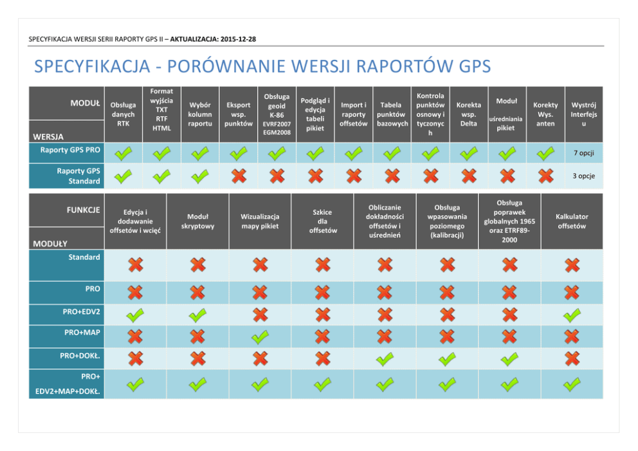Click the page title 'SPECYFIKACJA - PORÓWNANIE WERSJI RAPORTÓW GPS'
[x=262, y=67]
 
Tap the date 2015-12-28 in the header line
[x=238, y=39]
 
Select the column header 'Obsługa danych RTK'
[x=123, y=114]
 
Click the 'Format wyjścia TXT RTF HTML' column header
[x=161, y=110]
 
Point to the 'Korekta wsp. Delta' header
[x=468, y=114]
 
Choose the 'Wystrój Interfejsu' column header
[x=583, y=114]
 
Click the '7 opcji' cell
[x=583, y=153]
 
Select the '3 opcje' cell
[x=583, y=176]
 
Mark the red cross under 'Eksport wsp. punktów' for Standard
[x=239, y=176]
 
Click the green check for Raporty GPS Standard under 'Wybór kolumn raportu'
[x=200, y=176]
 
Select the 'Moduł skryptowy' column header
[x=197, y=221]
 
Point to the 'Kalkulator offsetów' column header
[x=572, y=221]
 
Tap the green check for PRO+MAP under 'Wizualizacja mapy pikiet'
[x=260, y=337]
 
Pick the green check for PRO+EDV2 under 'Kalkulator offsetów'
[x=572, y=315]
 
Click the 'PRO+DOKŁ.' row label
[x=80, y=356]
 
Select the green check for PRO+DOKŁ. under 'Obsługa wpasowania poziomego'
[x=447, y=359]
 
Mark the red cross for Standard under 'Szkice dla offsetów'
[x=322, y=264]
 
